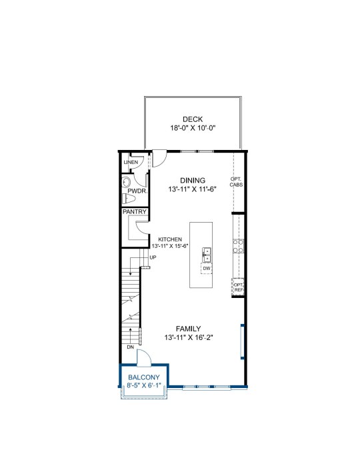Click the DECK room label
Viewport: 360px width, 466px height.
(193, 119)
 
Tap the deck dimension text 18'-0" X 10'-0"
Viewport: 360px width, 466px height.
(193, 128)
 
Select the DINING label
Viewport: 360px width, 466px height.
(193, 181)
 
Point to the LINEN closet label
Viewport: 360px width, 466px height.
(131, 162)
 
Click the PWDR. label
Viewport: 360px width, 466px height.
(137, 191)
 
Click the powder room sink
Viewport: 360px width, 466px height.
(127, 182)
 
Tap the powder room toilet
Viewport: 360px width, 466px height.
(129, 199)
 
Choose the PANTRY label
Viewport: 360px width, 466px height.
(135, 212)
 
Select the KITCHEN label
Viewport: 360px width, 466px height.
(170, 239)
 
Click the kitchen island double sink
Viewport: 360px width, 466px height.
(207, 255)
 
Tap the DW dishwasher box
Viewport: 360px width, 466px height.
(207, 269)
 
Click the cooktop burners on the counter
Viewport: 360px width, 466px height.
(238, 246)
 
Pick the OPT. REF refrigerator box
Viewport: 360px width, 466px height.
(238, 287)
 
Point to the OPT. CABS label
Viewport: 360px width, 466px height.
(237, 182)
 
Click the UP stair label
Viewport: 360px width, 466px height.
(153, 258)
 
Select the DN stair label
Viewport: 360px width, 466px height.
(131, 347)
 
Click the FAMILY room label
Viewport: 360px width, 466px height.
(189, 329)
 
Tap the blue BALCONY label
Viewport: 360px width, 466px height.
(144, 377)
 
